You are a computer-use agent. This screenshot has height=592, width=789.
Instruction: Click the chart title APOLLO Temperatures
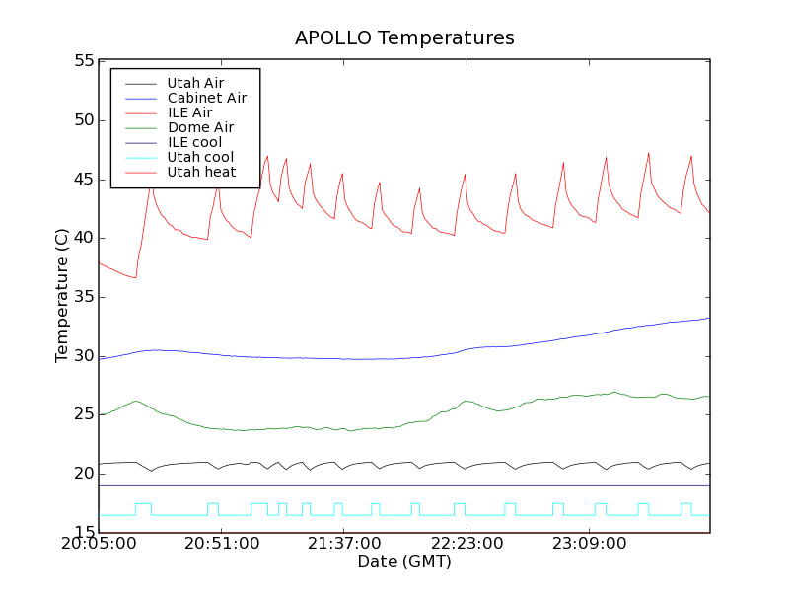tap(404, 38)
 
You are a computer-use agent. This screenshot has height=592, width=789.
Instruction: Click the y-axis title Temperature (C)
tap(62, 296)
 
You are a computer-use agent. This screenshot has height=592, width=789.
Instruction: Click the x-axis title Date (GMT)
tap(404, 561)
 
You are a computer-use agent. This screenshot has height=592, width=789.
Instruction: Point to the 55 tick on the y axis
tap(82, 61)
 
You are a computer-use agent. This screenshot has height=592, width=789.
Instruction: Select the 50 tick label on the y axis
tap(82, 120)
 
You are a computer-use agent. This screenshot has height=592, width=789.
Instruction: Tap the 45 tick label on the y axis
tap(82, 180)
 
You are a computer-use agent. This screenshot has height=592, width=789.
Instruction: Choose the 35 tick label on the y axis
tap(82, 297)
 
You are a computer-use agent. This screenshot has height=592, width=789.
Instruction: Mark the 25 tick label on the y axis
tap(82, 414)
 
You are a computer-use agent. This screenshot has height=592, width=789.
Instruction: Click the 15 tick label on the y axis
tap(82, 533)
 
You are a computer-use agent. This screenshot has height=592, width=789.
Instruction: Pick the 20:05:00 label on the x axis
tap(99, 545)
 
